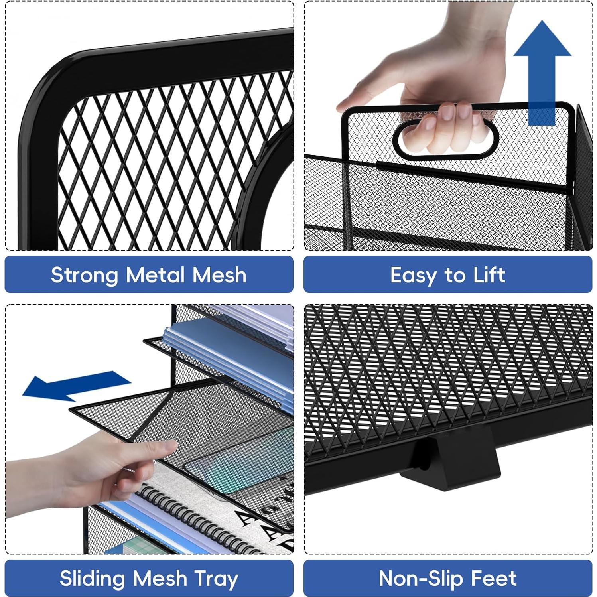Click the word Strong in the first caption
(x=85, y=275)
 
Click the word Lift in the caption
(x=489, y=275)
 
